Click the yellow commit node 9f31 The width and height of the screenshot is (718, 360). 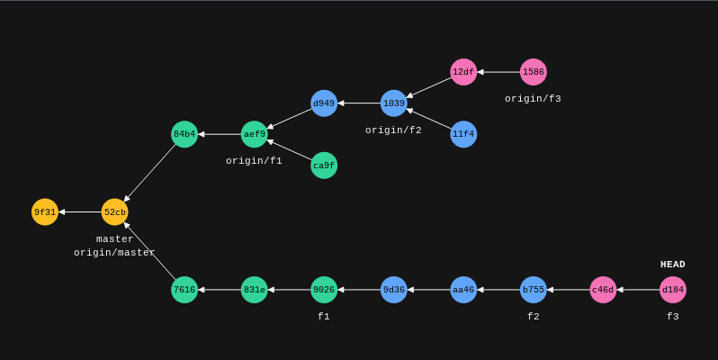pos(45,212)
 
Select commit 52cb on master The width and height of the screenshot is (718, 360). pos(114,212)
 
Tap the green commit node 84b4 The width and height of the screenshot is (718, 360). pos(184,134)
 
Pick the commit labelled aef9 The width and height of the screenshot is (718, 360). pos(255,134)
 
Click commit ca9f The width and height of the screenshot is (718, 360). pos(324,166)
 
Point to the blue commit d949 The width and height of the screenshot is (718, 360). pos(324,103)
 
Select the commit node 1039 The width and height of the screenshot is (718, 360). pos(394,103)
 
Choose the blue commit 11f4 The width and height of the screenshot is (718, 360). pos(463,134)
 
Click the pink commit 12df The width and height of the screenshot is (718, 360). pos(463,72)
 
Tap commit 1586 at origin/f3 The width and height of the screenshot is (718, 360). pos(534,72)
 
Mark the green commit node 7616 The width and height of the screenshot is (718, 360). pos(184,290)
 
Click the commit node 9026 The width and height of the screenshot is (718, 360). pos(324,290)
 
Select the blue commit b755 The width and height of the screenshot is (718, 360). pos(534,290)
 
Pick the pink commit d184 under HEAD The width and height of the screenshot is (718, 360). pos(673,290)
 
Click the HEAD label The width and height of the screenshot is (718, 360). pos(673,265)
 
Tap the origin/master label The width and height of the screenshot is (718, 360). pos(114,253)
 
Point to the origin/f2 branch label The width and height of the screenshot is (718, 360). pos(393,130)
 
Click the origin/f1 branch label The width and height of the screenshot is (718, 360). pos(254,161)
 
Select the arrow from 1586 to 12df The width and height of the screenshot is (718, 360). pos(498,72)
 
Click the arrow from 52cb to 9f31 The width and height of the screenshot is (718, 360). pos(80,212)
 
